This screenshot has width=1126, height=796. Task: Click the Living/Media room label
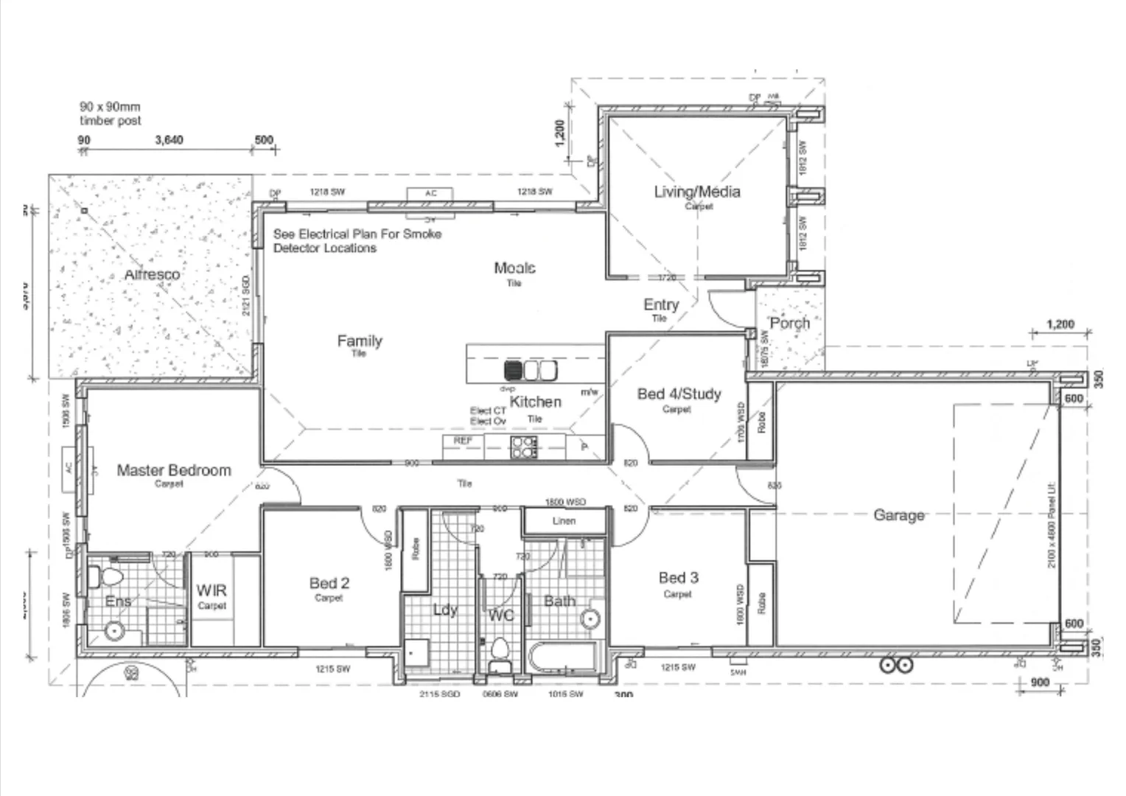[697, 192]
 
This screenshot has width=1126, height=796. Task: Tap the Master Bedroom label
[174, 470]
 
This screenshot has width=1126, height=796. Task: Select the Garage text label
[898, 515]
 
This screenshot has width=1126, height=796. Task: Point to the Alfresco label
[152, 274]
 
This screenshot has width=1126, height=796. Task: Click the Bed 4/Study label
[679, 394]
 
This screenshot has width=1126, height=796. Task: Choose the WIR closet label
[211, 590]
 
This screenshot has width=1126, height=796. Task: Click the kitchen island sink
[531, 369]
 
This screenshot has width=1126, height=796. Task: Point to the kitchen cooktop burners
[524, 447]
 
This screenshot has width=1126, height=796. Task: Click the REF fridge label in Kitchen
[463, 441]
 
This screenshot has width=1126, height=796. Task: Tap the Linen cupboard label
[564, 521]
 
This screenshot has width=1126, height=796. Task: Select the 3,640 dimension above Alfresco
[169, 140]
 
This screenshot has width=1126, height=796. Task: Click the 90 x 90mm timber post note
[110, 114]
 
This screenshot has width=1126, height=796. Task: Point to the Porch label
[789, 323]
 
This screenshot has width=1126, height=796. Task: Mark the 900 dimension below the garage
[1039, 682]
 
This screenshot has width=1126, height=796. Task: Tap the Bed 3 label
[678, 578]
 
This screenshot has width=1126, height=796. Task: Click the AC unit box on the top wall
[431, 194]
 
